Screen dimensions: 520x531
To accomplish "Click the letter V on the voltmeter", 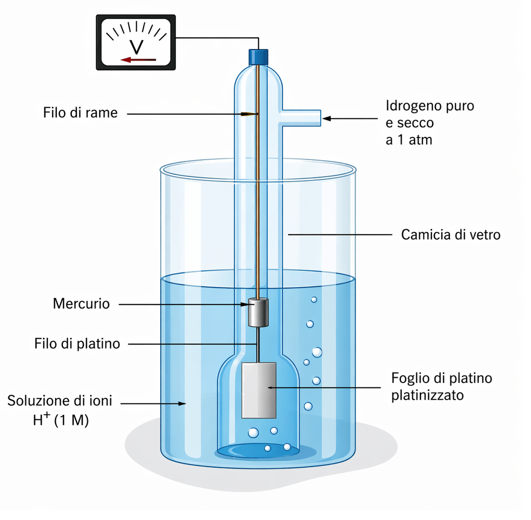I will point(136,47).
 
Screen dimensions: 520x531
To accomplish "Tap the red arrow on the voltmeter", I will point(138,60).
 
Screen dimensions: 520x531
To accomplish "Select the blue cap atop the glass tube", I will point(258,56).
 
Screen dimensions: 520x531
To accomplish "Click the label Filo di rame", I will point(80,113).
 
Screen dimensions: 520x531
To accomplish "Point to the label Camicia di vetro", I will point(450,235).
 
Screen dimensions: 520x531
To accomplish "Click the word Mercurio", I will point(81,304).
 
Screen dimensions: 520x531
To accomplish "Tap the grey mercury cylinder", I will point(258,313).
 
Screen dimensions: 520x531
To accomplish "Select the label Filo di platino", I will point(77,344).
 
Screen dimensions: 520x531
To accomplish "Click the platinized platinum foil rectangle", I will point(259,390).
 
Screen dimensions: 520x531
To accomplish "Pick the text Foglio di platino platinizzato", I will point(441,387).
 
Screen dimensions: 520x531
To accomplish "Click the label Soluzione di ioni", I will point(60,401).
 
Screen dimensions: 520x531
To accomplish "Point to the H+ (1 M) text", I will point(61,420).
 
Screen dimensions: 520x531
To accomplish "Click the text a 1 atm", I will point(409,140).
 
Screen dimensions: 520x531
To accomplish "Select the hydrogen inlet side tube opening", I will point(319,118).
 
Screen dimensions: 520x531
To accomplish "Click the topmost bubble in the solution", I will point(314,300).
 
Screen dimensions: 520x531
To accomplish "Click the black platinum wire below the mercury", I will point(257,344).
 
